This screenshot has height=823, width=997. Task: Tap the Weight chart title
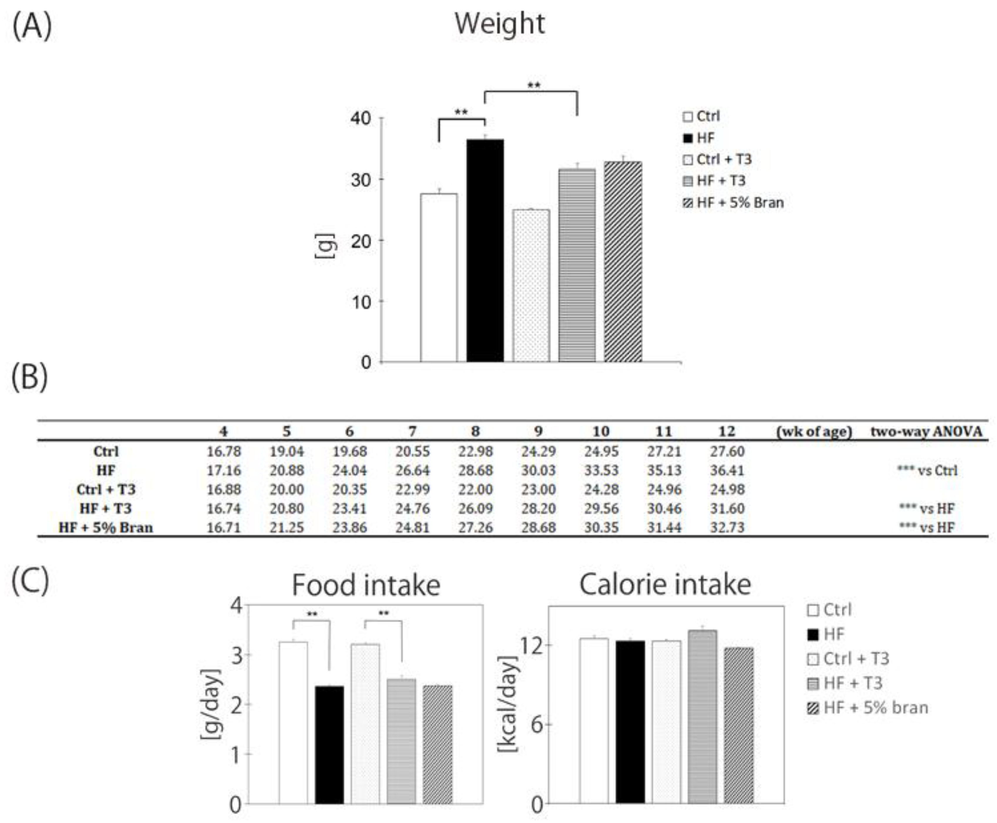(500, 24)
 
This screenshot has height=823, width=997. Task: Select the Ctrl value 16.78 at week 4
(223, 452)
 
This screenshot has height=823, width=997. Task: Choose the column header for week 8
(475, 431)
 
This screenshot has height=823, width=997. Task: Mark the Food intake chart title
(366, 585)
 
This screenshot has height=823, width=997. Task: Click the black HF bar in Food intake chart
(329, 745)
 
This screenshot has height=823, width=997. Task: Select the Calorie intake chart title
(665, 585)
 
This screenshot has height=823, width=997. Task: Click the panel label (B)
(29, 378)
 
